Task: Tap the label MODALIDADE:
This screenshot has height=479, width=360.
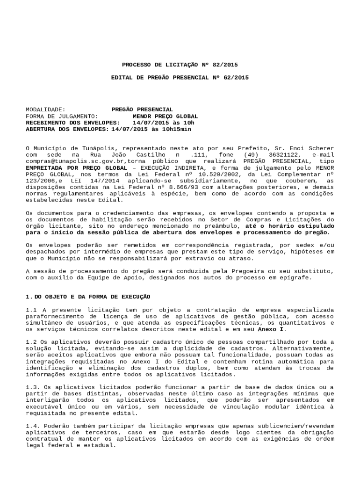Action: (45, 109)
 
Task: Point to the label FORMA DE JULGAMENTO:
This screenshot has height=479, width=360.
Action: (62, 116)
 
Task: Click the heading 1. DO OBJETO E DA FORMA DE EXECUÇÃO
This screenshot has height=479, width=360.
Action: (87, 297)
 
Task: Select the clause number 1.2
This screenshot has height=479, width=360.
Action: (30, 342)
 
